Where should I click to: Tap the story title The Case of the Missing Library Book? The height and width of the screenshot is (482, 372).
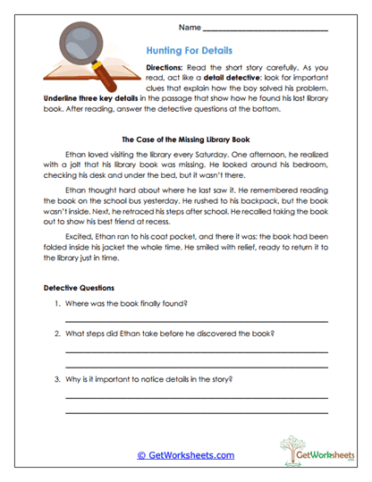185,140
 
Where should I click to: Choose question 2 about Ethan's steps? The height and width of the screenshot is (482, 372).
170,334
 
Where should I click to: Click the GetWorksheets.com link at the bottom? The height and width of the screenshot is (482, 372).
185,455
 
